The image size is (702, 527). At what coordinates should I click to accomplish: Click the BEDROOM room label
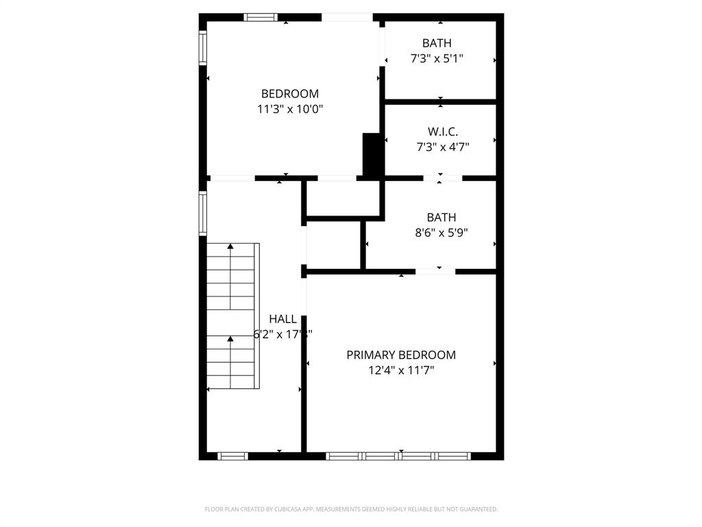290,94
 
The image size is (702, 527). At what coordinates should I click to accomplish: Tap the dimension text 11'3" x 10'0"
290,108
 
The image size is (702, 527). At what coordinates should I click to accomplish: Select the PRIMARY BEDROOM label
401,355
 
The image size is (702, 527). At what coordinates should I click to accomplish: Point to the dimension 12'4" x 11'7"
401,371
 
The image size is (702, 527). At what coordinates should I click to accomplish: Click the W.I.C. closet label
442,131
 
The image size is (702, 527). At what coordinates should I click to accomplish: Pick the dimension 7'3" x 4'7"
442,146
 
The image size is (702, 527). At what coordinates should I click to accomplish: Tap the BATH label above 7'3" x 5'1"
437,43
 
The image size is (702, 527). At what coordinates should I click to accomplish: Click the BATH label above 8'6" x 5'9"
441,218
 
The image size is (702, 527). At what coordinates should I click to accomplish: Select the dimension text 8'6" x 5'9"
441,233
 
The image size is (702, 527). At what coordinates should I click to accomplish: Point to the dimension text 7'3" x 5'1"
437,58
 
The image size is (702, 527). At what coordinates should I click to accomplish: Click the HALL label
282,319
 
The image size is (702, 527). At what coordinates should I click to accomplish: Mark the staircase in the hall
233,316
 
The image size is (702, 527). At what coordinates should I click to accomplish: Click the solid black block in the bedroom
371,155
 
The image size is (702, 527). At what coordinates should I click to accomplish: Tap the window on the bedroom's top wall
261,17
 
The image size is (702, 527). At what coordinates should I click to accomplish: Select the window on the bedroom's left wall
203,48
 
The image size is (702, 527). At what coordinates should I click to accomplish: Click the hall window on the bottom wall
232,456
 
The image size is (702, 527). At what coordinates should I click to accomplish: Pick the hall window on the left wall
203,213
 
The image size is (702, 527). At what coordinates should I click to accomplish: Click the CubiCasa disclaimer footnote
351,509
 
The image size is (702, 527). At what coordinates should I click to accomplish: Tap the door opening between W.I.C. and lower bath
442,178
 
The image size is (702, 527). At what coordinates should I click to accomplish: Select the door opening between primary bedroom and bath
435,272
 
